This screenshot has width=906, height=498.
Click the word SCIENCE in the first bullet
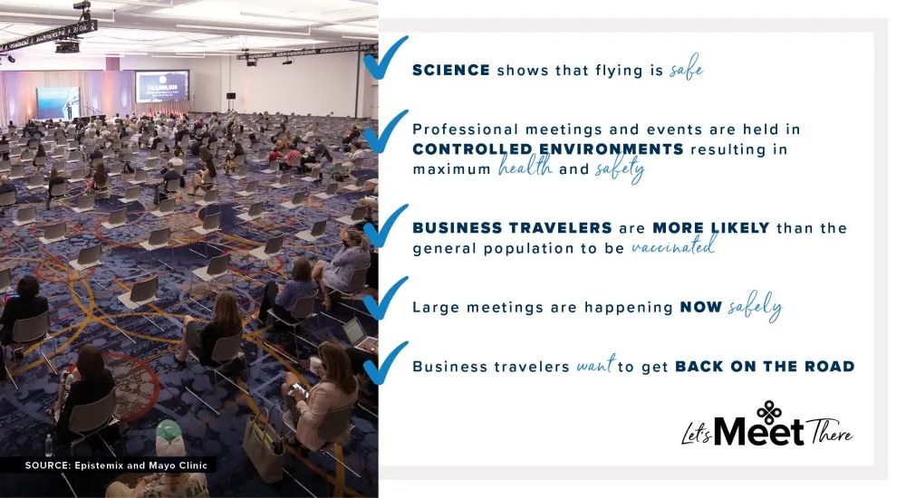451,70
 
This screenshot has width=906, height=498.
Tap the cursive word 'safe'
686,69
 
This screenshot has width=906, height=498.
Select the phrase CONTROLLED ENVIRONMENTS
548,148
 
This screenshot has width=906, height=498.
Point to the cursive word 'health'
525,168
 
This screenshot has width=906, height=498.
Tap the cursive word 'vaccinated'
671,247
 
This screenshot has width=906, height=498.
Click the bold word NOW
701,307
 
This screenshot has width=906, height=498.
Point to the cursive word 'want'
595,366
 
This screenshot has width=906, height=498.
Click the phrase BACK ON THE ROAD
765,366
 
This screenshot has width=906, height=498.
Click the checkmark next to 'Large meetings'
385,299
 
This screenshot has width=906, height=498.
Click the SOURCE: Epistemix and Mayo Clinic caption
116,465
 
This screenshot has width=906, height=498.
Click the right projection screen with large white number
161,89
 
